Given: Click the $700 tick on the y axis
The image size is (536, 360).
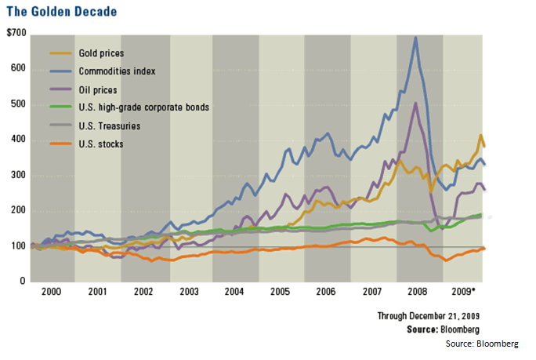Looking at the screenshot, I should click(16, 33).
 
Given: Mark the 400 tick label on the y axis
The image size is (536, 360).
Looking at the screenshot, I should click(17, 140).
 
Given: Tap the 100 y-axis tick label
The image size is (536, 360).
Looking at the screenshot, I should click(17, 246).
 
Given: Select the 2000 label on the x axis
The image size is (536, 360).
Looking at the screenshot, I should click(52, 292).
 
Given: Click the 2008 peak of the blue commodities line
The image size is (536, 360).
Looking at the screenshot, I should click(415, 38).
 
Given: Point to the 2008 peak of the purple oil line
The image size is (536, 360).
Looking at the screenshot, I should click(415, 104).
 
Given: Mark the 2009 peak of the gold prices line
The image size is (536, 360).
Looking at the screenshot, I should click(480, 136).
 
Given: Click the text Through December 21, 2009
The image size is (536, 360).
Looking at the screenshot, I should click(429, 316).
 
